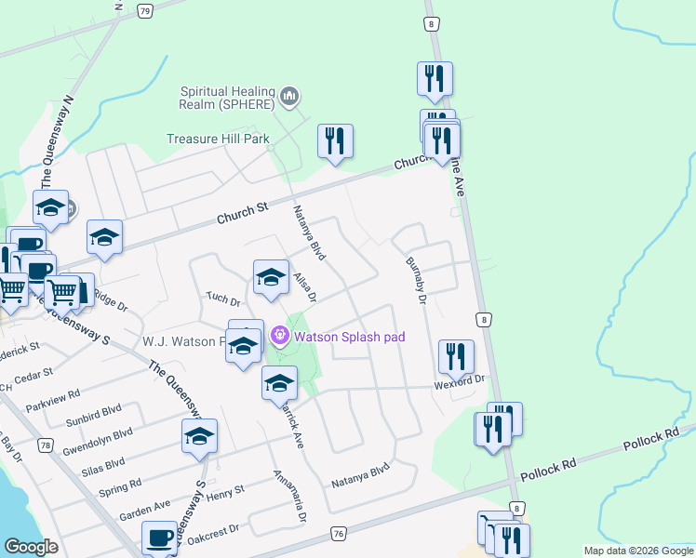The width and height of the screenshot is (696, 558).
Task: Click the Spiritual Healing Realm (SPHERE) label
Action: coord(229,101)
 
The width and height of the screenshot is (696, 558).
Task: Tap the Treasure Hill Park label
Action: coord(218,139)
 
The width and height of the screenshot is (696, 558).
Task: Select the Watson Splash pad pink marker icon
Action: coord(279,335)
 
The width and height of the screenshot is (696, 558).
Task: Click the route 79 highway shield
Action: coord(144,11)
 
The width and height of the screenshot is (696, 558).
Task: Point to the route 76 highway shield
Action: coord(338,533)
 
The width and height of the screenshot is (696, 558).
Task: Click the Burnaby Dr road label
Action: coord(415,281)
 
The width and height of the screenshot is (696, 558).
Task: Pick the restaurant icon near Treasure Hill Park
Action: coord(335,141)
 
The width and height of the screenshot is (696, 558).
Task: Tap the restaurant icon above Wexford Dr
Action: coord(456,355)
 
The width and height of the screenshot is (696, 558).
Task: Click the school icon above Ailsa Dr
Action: coord(271,276)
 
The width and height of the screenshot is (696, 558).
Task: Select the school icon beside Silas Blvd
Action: coord(200,436)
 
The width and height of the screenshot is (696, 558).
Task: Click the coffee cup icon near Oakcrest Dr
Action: coord(159,538)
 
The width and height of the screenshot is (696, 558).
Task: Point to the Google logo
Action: coord(31,547)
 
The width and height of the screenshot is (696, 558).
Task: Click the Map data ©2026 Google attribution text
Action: coord(637,551)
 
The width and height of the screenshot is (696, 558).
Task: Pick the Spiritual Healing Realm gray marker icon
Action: coord(289,95)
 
